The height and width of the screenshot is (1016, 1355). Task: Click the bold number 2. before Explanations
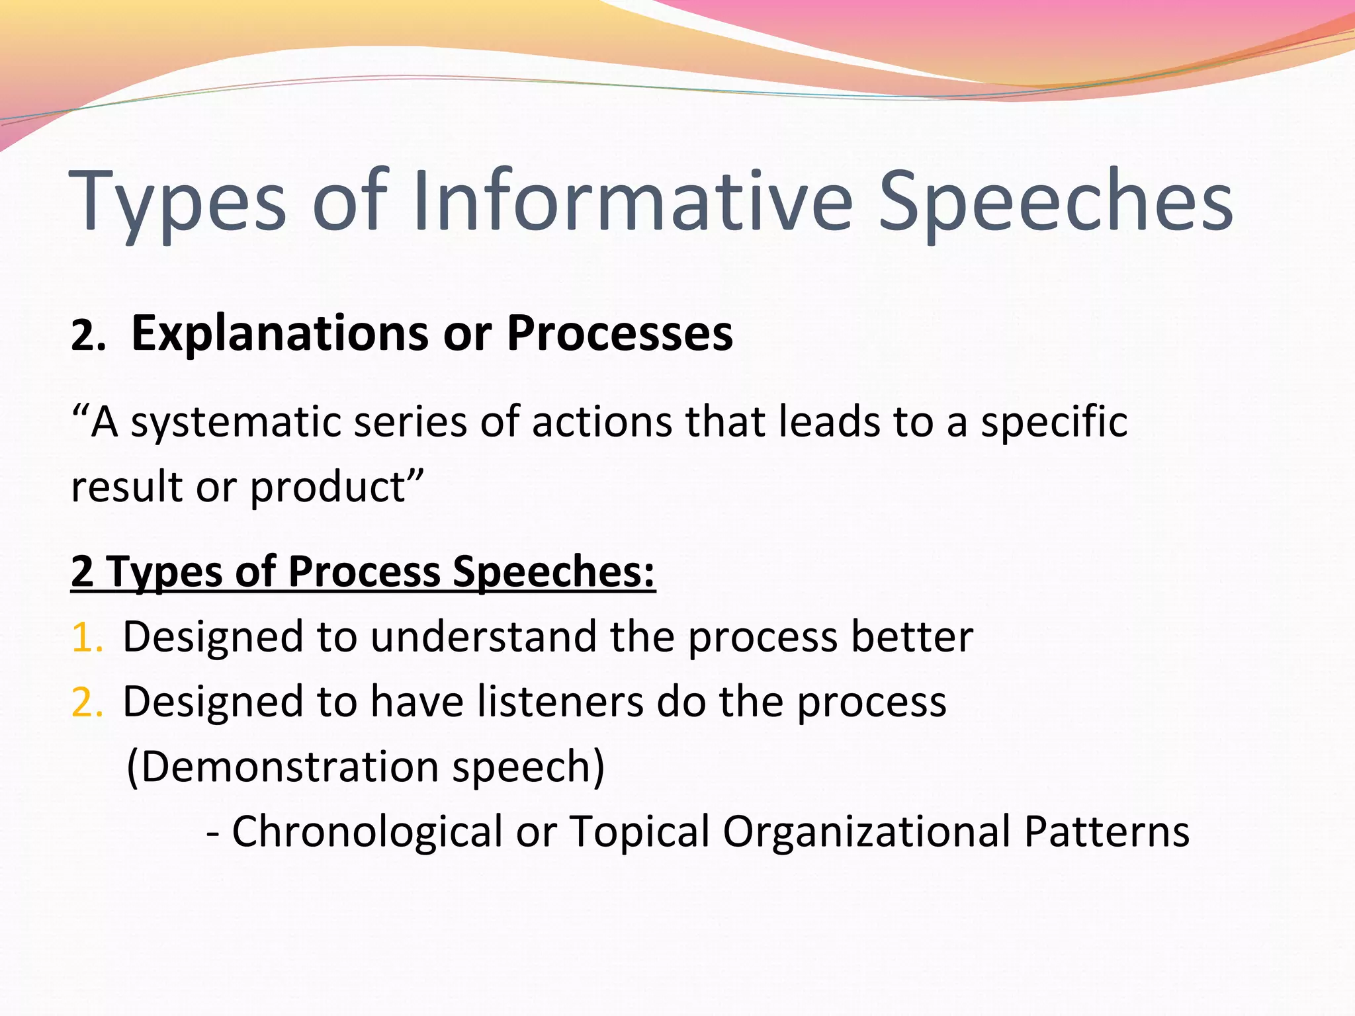[88, 336]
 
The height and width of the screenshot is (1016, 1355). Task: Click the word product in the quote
[328, 488]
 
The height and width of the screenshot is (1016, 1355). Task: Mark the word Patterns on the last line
[1106, 831]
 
